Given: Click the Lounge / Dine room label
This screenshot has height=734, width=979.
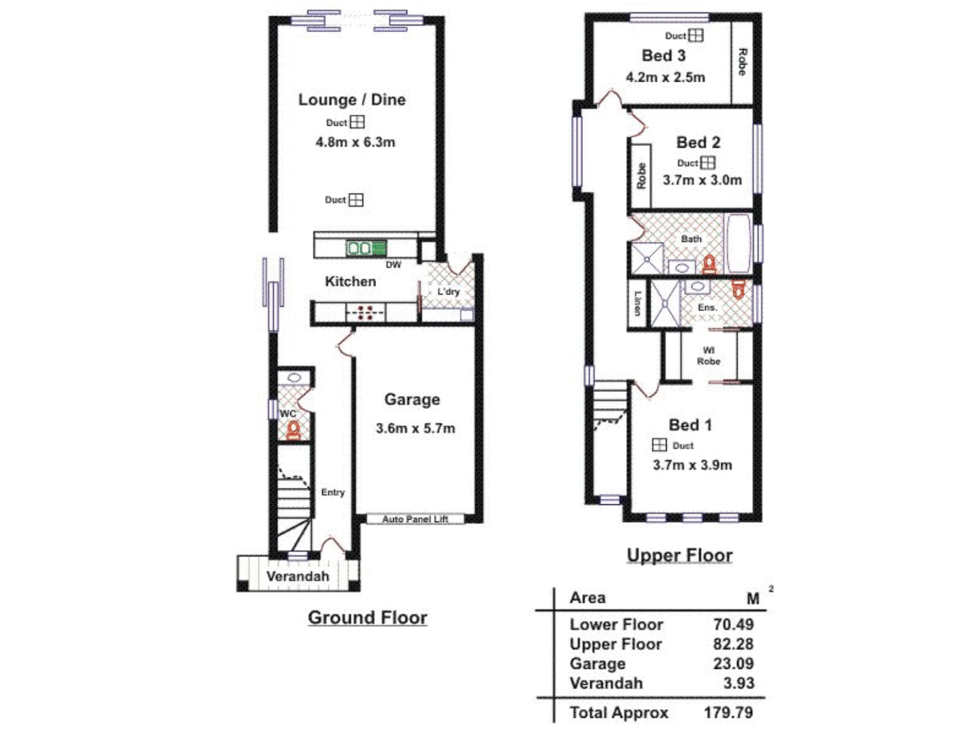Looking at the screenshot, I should pyautogui.click(x=351, y=100).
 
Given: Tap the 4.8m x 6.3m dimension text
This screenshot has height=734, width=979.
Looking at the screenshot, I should pyautogui.click(x=355, y=142).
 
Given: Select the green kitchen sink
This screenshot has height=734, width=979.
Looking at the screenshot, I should pyautogui.click(x=366, y=248).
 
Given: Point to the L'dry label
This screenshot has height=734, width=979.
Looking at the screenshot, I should pyautogui.click(x=448, y=292).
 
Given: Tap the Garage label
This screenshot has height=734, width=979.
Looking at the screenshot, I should pyautogui.click(x=412, y=400).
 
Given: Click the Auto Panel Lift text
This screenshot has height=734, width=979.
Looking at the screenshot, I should pyautogui.click(x=415, y=519).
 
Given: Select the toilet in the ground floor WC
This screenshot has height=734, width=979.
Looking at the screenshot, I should pyautogui.click(x=293, y=430).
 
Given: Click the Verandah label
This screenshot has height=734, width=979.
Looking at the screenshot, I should pyautogui.click(x=297, y=576).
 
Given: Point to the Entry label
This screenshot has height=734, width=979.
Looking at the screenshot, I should pyautogui.click(x=332, y=492).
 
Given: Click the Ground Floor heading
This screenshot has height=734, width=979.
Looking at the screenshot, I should pyautogui.click(x=367, y=617).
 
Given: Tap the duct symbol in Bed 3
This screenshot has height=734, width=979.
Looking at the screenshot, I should pyautogui.click(x=695, y=35).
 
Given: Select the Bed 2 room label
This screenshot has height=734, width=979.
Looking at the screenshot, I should pyautogui.click(x=698, y=142).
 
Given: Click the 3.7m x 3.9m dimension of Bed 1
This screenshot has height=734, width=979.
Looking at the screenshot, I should pyautogui.click(x=692, y=465).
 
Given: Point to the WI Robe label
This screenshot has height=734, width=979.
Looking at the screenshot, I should pyautogui.click(x=708, y=356).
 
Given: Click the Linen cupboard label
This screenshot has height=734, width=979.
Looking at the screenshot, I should pyautogui.click(x=637, y=303).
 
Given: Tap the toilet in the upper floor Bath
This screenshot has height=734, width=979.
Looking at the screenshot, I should pyautogui.click(x=709, y=264).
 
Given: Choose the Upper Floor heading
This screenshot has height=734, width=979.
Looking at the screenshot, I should pyautogui.click(x=679, y=555).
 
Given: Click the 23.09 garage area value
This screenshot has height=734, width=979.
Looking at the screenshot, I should pyautogui.click(x=733, y=663).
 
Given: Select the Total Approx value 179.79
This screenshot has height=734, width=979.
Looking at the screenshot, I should pyautogui.click(x=728, y=712).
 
